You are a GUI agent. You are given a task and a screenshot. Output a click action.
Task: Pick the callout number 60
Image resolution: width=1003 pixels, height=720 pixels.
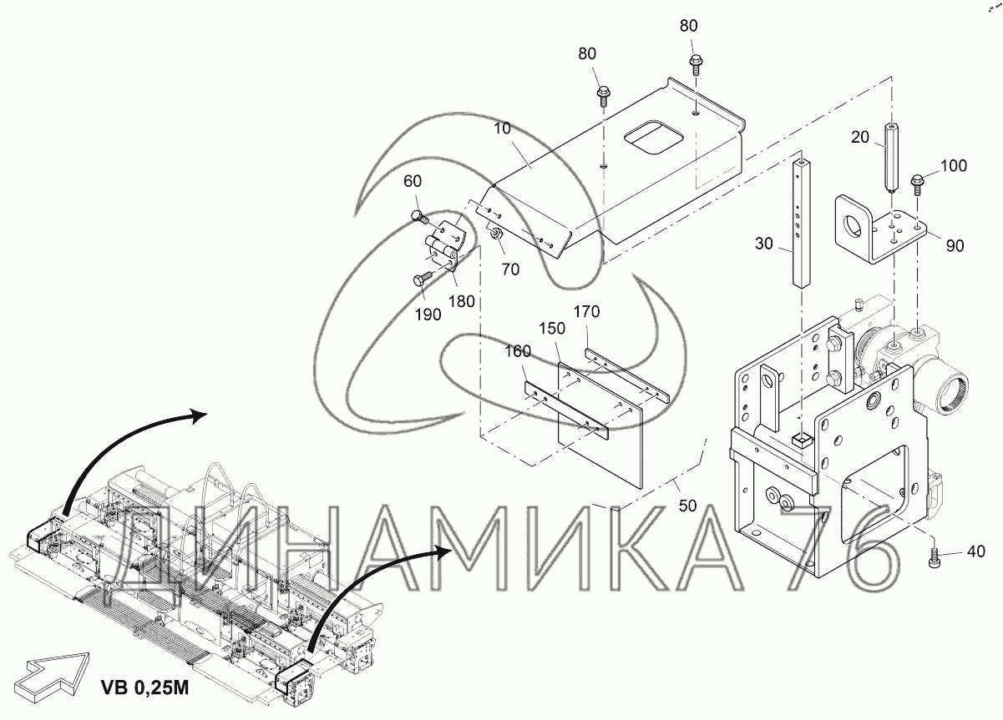[413, 182]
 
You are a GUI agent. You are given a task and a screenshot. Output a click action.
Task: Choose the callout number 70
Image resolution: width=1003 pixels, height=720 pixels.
[511, 269]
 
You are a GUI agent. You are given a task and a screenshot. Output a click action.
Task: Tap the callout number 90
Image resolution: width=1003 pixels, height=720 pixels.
[955, 245]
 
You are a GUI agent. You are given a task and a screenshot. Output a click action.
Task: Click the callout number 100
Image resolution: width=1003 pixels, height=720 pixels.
[952, 166]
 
